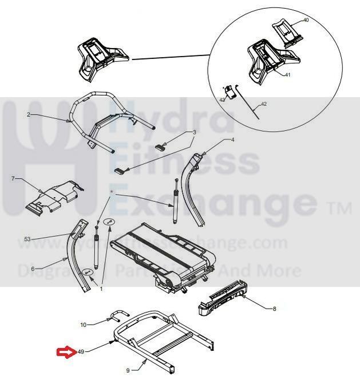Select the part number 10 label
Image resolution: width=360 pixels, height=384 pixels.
83,325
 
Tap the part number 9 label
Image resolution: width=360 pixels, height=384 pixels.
128,370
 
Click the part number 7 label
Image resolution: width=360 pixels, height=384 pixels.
13,179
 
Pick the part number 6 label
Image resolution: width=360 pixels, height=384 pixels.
33,269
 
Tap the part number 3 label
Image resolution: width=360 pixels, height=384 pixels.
194,132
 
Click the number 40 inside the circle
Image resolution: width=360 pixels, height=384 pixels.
305,20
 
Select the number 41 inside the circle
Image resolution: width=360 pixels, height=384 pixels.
288,75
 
